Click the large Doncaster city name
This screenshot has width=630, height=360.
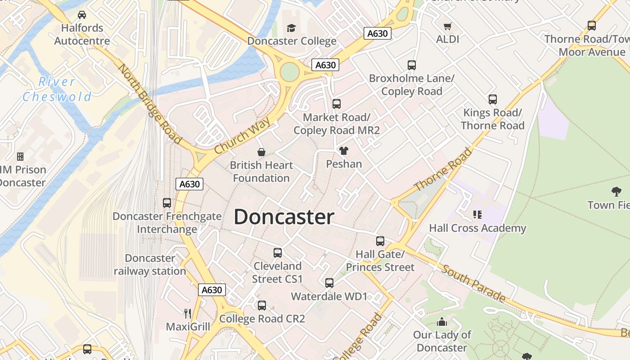click(x=284, y=217)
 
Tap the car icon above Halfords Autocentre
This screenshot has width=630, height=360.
click(x=82, y=15)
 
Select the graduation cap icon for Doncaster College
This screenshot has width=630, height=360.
click(x=291, y=28)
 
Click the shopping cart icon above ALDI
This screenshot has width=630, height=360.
click(x=447, y=26)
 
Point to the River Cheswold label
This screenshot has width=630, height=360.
click(x=57, y=89)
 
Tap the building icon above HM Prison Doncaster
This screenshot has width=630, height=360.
click(x=20, y=157)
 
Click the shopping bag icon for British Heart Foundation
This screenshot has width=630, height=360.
click(x=261, y=152)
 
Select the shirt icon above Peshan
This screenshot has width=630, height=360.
click(x=344, y=151)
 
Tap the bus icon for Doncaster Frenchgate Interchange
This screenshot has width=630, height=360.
click(x=167, y=203)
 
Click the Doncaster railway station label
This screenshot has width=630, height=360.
click(x=150, y=265)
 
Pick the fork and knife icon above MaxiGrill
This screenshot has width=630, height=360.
click(x=188, y=313)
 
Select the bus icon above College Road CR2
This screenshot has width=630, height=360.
click(x=262, y=306)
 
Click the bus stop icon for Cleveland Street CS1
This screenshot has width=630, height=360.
click(x=278, y=253)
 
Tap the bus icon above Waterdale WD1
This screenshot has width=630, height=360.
click(x=329, y=283)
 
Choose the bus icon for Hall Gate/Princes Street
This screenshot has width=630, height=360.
click(x=380, y=241)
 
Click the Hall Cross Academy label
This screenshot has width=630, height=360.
click(x=477, y=228)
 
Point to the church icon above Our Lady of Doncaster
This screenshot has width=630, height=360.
click(x=442, y=322)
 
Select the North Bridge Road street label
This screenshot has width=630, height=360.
click(x=149, y=104)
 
